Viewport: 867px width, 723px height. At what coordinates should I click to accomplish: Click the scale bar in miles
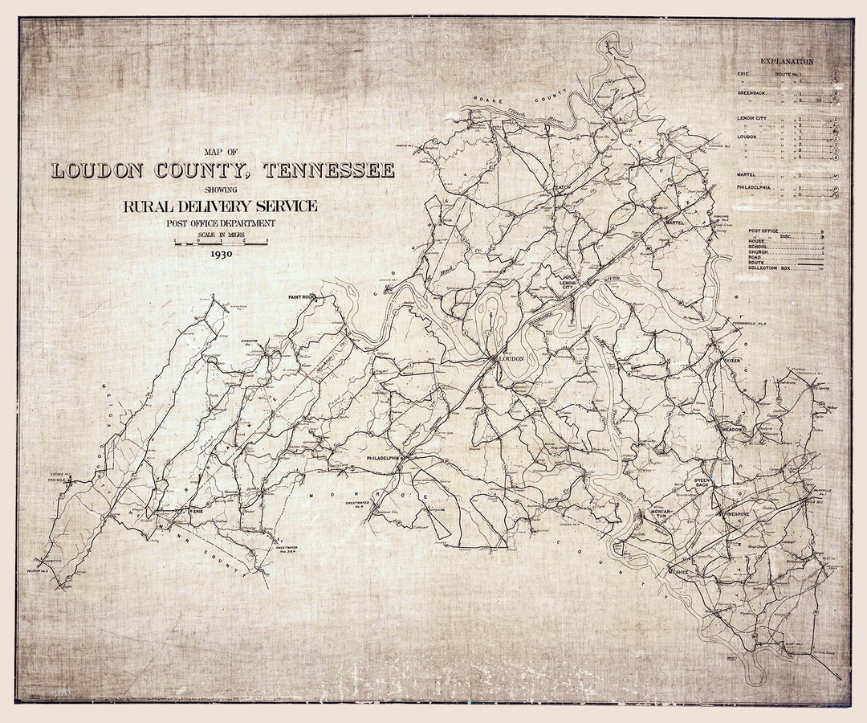coord(221,240)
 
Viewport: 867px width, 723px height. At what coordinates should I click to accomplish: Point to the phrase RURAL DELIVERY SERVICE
coord(220,206)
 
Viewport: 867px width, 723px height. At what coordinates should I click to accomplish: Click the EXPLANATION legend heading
coord(787,61)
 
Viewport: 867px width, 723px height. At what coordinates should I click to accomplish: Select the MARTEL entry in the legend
coord(749,174)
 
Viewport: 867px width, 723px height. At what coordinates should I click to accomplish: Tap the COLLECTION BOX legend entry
coord(771,268)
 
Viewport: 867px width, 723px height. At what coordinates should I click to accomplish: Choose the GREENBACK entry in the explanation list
coord(753,93)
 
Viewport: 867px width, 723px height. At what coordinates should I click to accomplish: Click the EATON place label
coord(561,187)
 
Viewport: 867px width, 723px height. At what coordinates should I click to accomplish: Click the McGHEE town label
coord(678,572)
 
